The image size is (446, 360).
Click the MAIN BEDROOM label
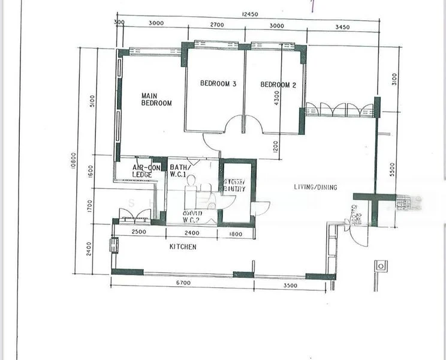156,99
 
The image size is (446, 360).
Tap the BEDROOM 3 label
218,85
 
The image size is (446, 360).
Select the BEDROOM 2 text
278,85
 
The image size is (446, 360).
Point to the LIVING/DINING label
315,187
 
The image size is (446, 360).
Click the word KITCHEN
183,247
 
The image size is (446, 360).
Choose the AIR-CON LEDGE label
145,171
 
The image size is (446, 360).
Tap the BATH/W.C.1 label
180,171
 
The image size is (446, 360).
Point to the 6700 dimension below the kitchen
183,284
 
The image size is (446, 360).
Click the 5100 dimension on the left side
91,100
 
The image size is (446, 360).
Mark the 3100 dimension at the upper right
394,79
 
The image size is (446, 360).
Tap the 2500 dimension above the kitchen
138,233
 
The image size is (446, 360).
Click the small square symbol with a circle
379,265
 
